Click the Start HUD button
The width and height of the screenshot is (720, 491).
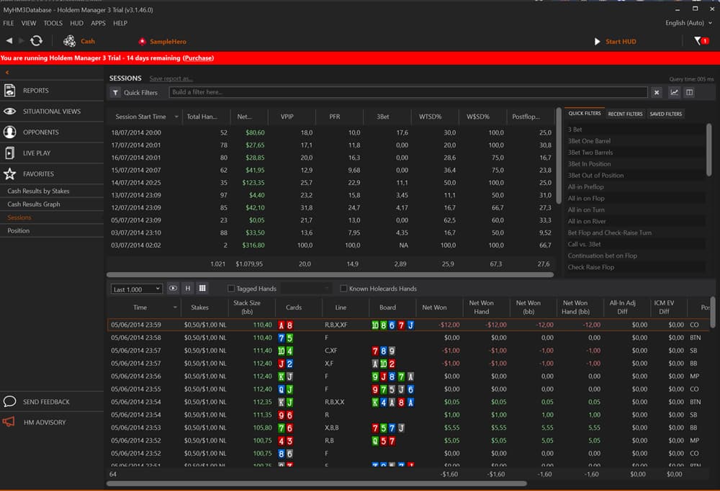618,41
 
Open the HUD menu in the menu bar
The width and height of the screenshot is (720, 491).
76,23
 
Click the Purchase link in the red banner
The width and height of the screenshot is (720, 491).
198,58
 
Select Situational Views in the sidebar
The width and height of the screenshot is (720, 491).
51,112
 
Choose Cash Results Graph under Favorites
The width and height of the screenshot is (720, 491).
34,204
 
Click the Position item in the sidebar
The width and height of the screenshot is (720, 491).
19,230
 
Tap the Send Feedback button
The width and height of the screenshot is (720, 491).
46,402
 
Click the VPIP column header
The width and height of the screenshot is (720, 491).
287,116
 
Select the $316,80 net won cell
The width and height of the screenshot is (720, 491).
254,245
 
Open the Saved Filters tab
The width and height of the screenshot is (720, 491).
665,114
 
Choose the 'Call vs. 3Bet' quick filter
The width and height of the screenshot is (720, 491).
584,244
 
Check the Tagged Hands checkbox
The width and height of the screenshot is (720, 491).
230,289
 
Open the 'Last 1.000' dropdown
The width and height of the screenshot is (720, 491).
137,289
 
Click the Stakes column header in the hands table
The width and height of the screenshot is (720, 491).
199,307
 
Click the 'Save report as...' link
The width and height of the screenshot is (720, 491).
171,78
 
